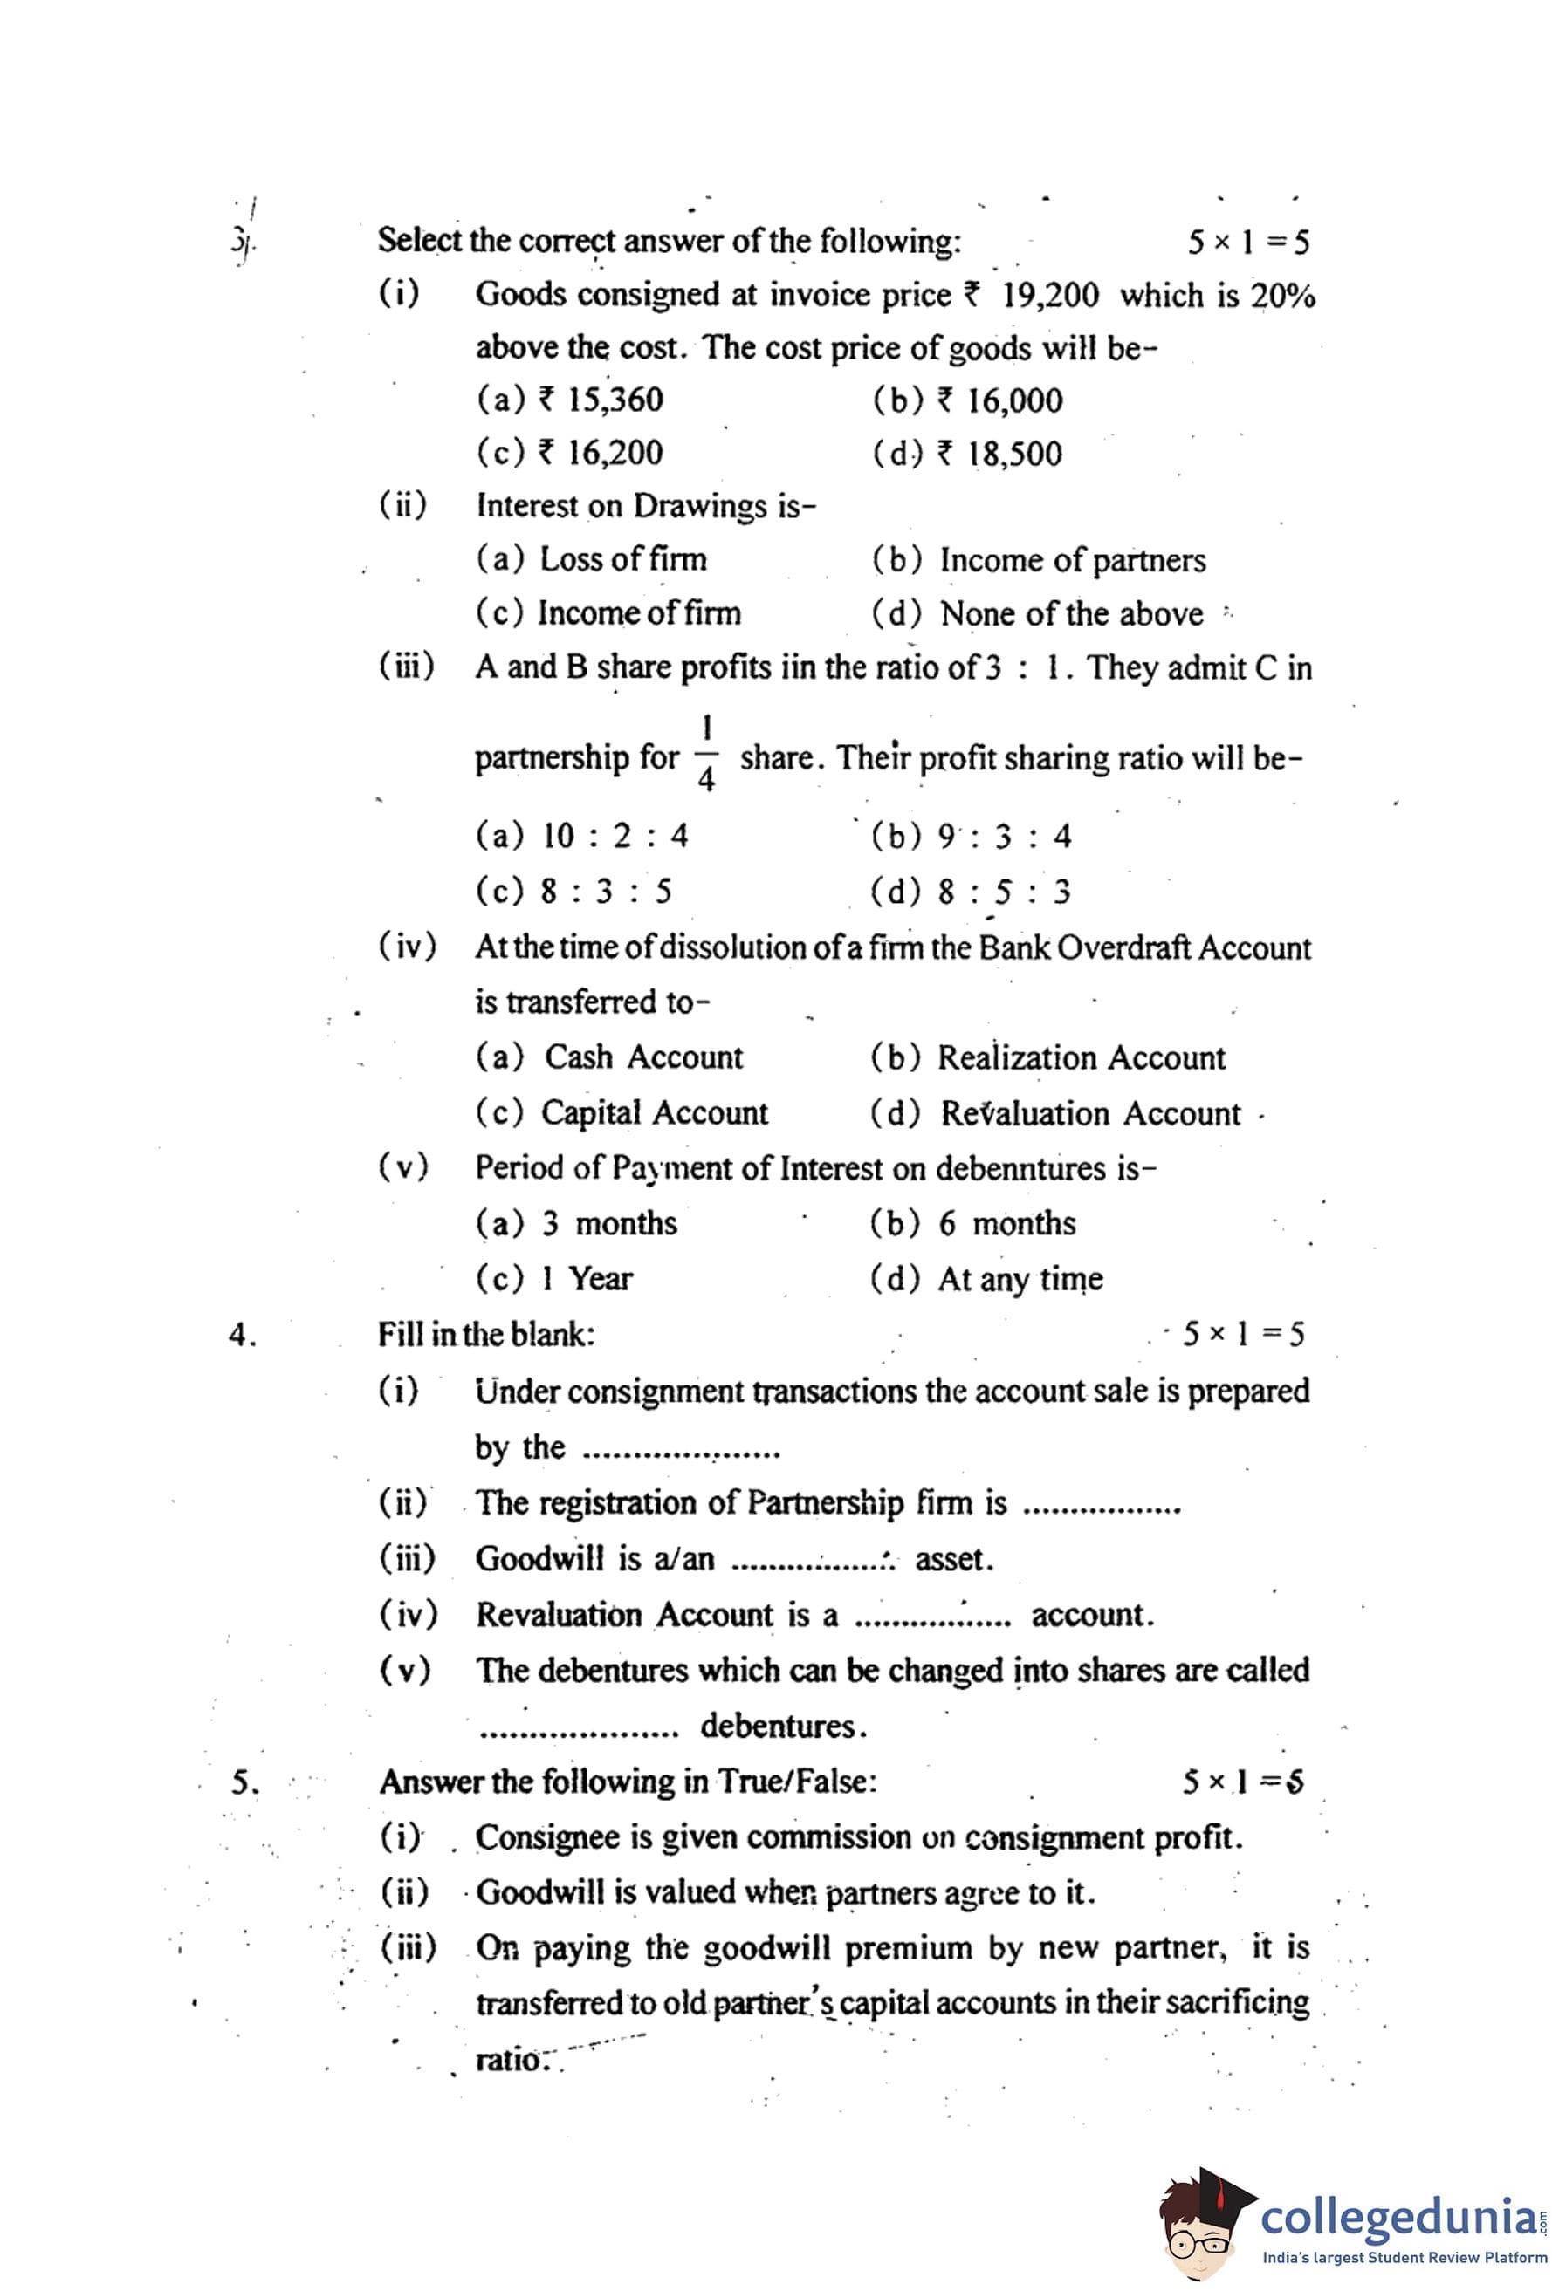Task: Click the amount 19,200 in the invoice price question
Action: (x=1049, y=296)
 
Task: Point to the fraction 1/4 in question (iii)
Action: (x=706, y=753)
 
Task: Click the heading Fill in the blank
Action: (x=486, y=1334)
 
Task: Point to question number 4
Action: (x=242, y=1335)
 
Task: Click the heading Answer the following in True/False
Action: (x=628, y=1782)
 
